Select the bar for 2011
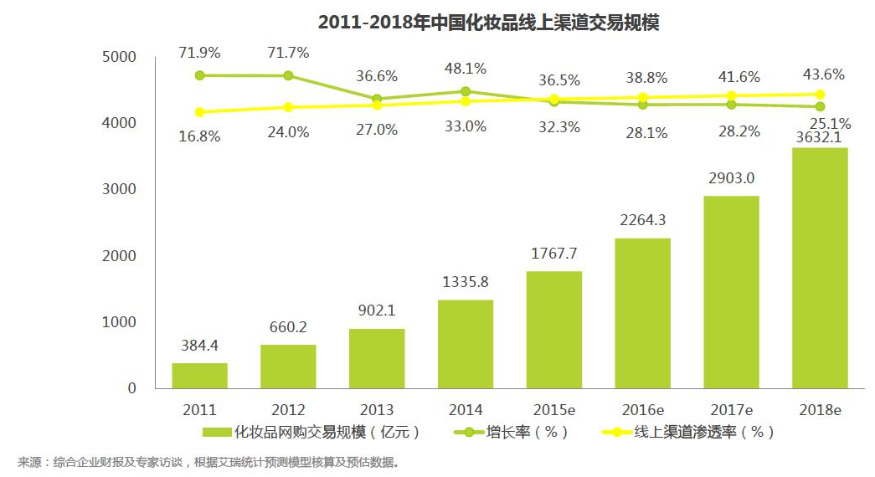coord(199,375)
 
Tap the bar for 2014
coord(466,344)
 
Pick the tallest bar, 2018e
coord(820,268)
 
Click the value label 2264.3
coord(642,221)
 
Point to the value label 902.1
coord(377,310)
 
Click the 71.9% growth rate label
coord(199,53)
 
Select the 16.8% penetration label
coord(199,136)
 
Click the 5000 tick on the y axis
coord(119,57)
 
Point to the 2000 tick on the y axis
coord(119,256)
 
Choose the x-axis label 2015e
coord(553,410)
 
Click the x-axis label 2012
coord(288,410)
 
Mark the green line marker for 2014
coord(466,91)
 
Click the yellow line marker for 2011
coord(199,112)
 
